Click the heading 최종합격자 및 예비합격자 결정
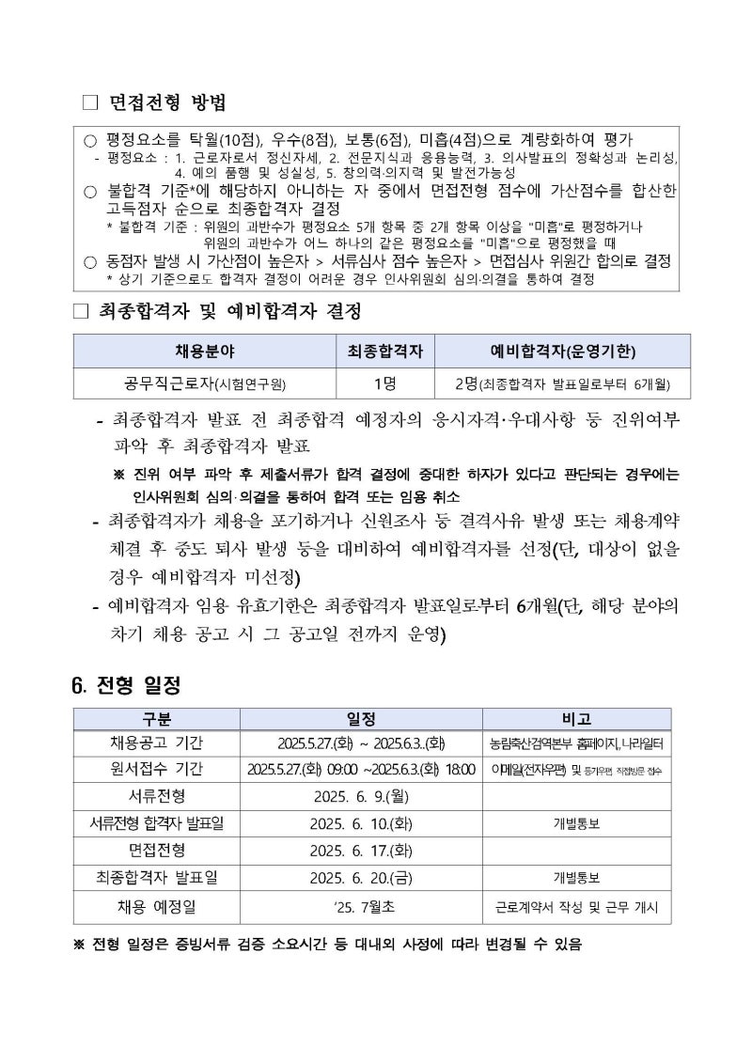tap(229, 309)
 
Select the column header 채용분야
tap(205, 352)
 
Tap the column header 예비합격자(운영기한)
tap(562, 352)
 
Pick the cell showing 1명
tap(384, 383)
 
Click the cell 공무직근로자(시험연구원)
tap(205, 383)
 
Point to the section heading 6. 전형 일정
tap(127, 684)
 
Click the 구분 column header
tap(157, 719)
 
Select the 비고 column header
tap(576, 719)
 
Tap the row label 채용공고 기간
tap(157, 743)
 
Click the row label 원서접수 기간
tap(157, 770)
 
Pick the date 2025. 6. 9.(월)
tap(361, 797)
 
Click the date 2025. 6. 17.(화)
tap(361, 851)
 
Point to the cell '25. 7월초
tap(361, 907)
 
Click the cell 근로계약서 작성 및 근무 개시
tap(576, 907)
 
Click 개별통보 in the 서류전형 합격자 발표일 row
tap(576, 824)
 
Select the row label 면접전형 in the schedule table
tap(157, 851)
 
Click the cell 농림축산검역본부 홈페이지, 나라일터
tap(576, 743)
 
